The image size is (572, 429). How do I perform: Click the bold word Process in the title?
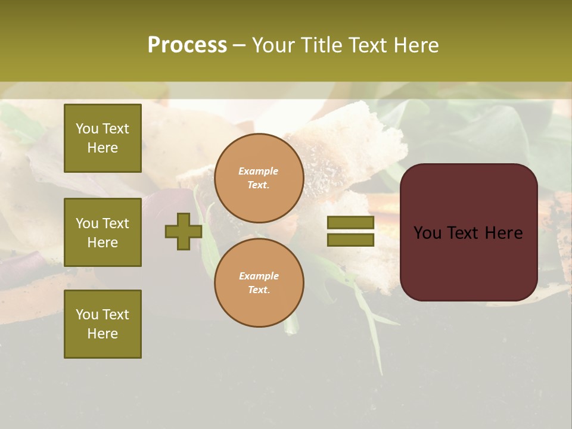point(187,45)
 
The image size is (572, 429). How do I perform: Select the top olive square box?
point(102,138)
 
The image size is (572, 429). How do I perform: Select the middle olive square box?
point(102,232)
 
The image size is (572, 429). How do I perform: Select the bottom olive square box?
point(102,324)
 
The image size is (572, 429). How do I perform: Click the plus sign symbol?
point(184,232)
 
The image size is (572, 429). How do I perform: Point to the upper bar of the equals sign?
point(350,223)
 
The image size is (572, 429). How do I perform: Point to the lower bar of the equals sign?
point(350,240)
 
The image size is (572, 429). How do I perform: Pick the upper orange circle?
point(259,178)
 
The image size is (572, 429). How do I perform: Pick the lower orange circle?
point(259,282)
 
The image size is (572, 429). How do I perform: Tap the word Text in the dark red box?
point(468,233)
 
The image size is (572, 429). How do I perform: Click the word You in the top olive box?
point(87,129)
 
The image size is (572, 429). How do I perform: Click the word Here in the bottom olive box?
point(102,334)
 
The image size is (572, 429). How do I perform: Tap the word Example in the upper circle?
point(259,171)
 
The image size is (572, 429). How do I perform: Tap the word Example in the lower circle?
point(259,276)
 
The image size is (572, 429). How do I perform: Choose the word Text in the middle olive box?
point(115,223)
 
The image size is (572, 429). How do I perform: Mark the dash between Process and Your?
point(239,45)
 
